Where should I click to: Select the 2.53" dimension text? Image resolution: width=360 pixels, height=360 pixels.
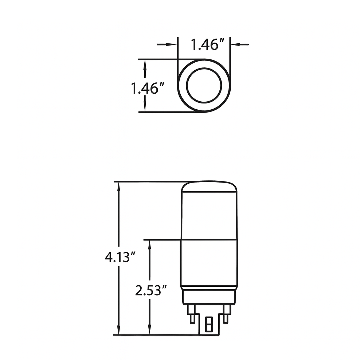click(x=150, y=291)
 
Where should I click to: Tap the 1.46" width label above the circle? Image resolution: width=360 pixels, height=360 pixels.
click(x=207, y=45)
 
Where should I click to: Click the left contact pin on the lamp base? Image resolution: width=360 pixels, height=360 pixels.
click(x=191, y=313)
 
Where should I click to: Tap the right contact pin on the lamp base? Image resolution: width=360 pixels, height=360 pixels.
click(x=226, y=313)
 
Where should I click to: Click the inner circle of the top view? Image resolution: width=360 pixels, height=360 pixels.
click(x=204, y=85)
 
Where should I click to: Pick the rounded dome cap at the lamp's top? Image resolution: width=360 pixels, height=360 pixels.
click(x=209, y=189)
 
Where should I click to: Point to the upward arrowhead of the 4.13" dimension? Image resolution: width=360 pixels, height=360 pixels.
click(x=118, y=187)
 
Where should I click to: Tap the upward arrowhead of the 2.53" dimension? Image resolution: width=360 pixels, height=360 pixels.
click(x=149, y=244)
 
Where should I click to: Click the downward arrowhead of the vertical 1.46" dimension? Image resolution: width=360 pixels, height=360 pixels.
click(x=145, y=107)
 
